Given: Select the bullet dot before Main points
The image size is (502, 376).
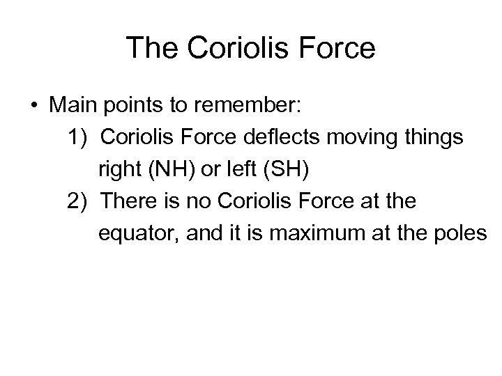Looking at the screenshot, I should [33, 107].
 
